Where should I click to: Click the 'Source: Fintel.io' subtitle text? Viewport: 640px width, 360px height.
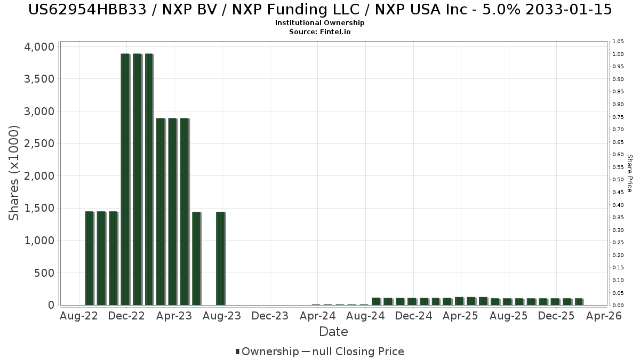click(320, 31)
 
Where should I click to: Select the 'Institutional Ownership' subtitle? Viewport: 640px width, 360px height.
click(320, 23)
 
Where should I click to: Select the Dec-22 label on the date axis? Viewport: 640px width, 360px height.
click(126, 316)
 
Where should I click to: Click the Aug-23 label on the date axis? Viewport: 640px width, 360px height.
click(222, 316)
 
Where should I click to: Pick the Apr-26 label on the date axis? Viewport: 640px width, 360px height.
click(604, 316)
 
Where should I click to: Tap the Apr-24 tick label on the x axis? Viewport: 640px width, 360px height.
click(318, 316)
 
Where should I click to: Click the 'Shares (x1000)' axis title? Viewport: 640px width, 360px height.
click(14, 173)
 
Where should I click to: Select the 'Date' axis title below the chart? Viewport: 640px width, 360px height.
click(333, 332)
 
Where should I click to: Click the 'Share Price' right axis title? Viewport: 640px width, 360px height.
click(629, 173)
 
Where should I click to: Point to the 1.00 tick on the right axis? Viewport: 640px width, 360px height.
click(618, 54)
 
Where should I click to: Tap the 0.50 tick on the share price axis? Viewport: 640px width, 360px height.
click(618, 180)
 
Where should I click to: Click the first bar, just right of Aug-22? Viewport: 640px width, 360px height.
click(90, 258)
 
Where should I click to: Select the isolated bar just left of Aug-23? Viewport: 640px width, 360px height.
click(220, 258)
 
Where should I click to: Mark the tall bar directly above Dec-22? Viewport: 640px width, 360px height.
click(125, 179)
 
